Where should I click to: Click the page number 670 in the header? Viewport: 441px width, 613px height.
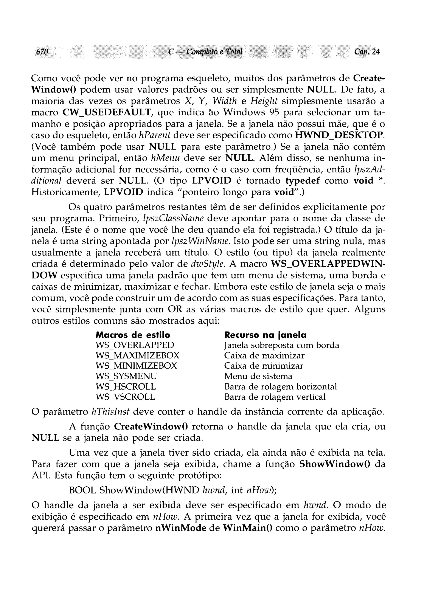tap(42, 52)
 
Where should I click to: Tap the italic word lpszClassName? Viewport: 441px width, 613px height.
tap(173, 218)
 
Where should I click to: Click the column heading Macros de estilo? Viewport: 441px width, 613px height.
tap(133, 335)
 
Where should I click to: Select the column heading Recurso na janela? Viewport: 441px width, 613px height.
tap(266, 335)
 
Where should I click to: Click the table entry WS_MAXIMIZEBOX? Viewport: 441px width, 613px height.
tap(137, 355)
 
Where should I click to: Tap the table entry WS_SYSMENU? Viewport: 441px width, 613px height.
tap(126, 376)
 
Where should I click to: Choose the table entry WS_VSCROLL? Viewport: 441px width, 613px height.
tap(126, 397)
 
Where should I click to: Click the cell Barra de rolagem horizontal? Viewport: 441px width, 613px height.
tap(281, 386)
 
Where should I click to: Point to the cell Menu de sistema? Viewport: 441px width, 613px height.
tap(258, 376)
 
